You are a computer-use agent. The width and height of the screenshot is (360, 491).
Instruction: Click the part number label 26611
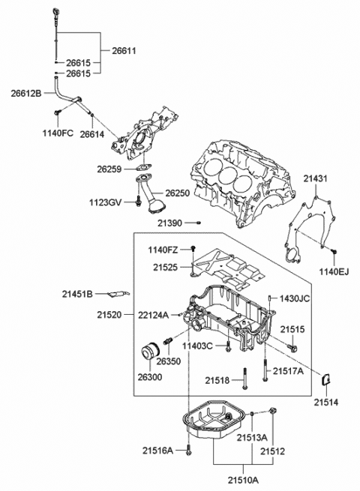(125, 50)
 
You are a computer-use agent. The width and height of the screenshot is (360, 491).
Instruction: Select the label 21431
(316, 178)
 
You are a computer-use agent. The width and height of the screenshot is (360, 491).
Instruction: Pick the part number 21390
(169, 223)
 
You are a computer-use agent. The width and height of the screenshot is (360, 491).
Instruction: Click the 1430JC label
(294, 298)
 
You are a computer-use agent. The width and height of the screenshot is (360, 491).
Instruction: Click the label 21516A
(159, 451)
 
